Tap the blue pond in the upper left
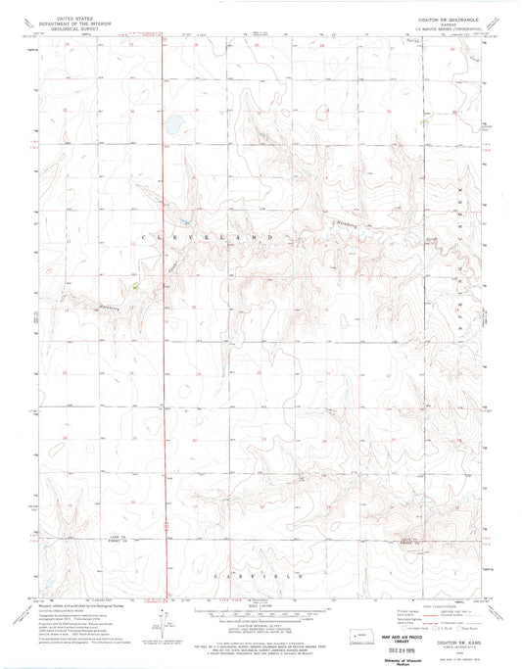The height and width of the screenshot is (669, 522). click(x=172, y=125)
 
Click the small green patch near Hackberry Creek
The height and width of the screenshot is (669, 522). click(x=135, y=287)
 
